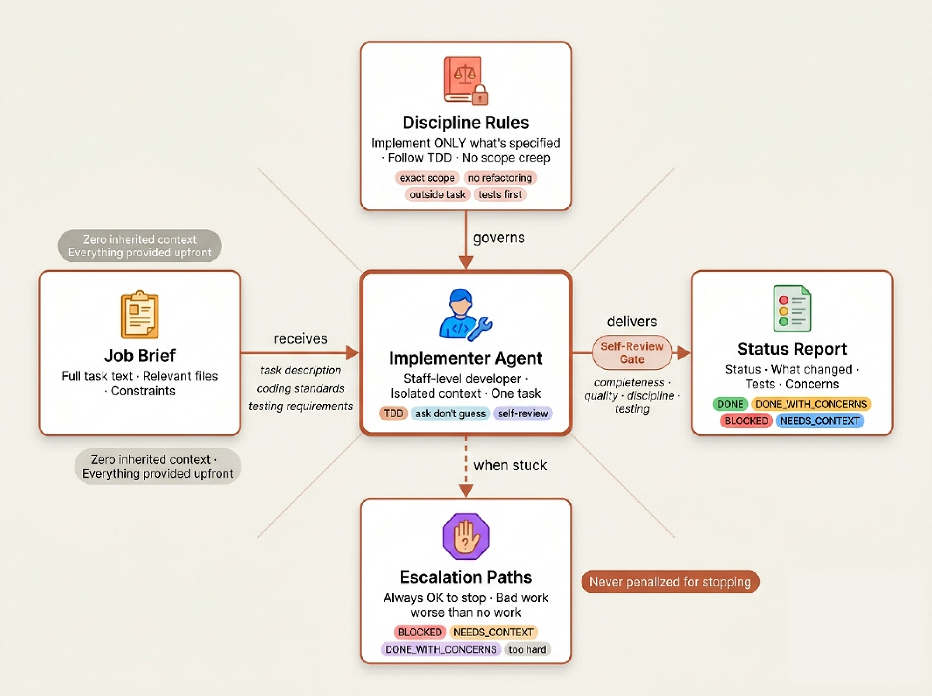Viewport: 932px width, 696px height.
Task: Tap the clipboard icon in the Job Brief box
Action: click(x=140, y=315)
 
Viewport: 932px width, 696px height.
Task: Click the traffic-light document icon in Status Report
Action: click(x=792, y=308)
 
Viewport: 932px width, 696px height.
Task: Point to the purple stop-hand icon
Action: click(x=466, y=536)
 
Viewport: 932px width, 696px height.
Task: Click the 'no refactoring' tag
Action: click(x=500, y=178)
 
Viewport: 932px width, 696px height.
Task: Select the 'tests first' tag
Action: click(x=500, y=194)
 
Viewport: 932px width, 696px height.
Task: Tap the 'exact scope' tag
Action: click(x=427, y=178)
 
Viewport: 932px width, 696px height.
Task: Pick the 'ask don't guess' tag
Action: click(x=450, y=413)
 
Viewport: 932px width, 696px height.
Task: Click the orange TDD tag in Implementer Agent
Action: click(x=393, y=413)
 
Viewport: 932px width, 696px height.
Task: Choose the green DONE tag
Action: click(x=730, y=404)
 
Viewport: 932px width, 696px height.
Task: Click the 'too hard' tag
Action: click(x=528, y=649)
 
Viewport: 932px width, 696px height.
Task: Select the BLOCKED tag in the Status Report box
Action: click(x=746, y=421)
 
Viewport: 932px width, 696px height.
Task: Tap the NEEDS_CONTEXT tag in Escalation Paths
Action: click(x=493, y=632)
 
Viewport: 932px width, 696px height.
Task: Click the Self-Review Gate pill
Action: click(x=632, y=352)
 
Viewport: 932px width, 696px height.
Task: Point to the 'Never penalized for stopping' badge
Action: click(x=670, y=582)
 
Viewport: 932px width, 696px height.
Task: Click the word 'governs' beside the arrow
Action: click(x=499, y=238)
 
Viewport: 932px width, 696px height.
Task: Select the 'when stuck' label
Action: click(x=510, y=465)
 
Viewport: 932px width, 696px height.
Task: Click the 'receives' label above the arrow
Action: click(x=301, y=338)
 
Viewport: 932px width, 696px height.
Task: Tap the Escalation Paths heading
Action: click(x=466, y=577)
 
